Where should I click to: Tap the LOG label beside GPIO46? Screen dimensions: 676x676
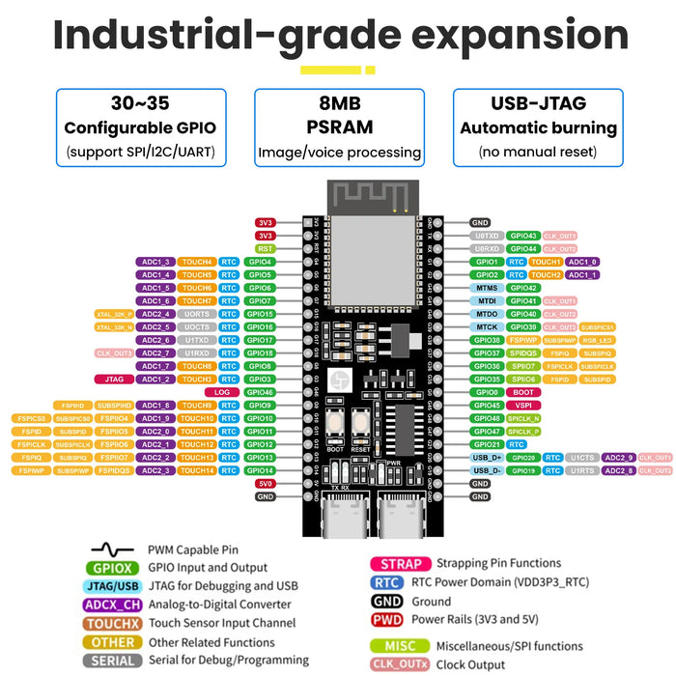222,392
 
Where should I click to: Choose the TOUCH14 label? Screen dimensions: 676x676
197,470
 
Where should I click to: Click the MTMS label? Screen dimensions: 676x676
487,288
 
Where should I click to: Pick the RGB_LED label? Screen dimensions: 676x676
597,340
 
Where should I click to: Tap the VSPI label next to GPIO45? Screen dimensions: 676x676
523,406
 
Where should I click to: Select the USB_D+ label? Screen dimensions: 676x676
487,458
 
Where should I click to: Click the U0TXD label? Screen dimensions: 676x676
487,236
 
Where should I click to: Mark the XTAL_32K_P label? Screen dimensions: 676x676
114,314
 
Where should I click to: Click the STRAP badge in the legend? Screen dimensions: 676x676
400,564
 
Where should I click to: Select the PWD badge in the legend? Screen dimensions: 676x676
386,620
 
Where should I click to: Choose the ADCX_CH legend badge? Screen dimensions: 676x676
115,605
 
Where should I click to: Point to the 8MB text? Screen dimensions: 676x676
339,103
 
